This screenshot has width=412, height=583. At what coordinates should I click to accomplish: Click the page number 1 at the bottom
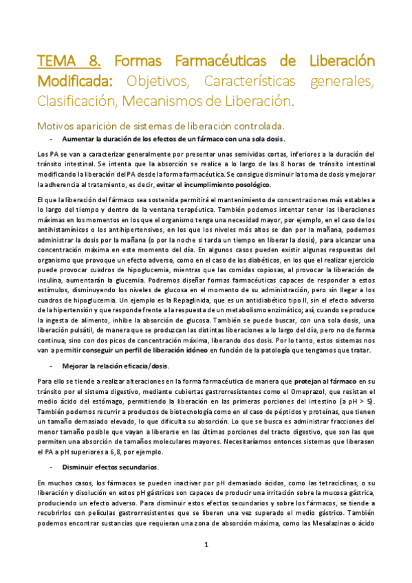pos(206,544)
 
